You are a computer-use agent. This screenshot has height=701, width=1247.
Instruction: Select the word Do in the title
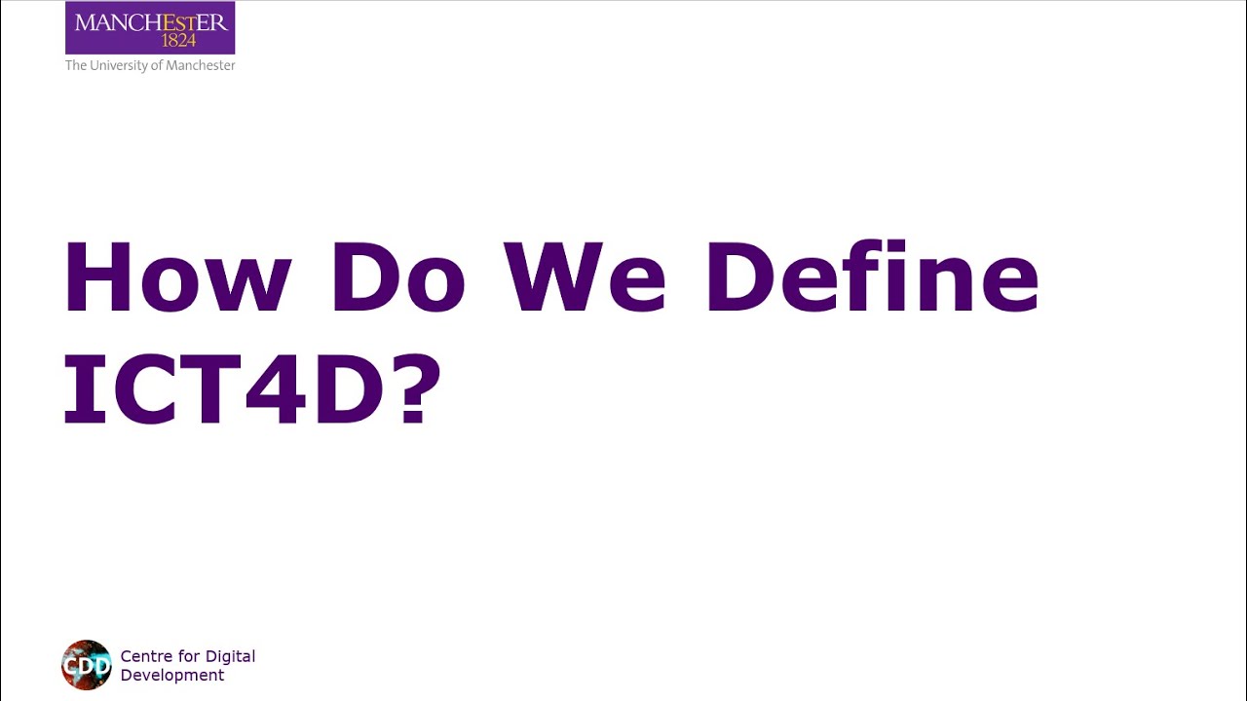point(397,277)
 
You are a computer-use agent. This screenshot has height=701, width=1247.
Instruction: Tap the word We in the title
point(585,277)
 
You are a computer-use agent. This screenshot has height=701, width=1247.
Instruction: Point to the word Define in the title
point(873,277)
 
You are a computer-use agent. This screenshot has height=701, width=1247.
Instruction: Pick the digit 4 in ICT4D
point(274,388)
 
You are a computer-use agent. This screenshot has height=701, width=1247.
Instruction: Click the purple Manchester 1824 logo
point(150,28)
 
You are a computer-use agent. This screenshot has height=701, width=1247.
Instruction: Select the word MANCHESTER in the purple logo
point(150,21)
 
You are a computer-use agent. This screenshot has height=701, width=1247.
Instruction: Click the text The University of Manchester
point(150,65)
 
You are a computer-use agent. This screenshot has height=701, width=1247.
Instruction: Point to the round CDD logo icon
point(87,665)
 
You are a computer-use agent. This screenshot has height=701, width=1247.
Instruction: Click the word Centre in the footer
point(146,656)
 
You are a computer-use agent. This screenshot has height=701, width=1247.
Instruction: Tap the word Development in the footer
point(172,675)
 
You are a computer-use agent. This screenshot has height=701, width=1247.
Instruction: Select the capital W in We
point(550,277)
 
